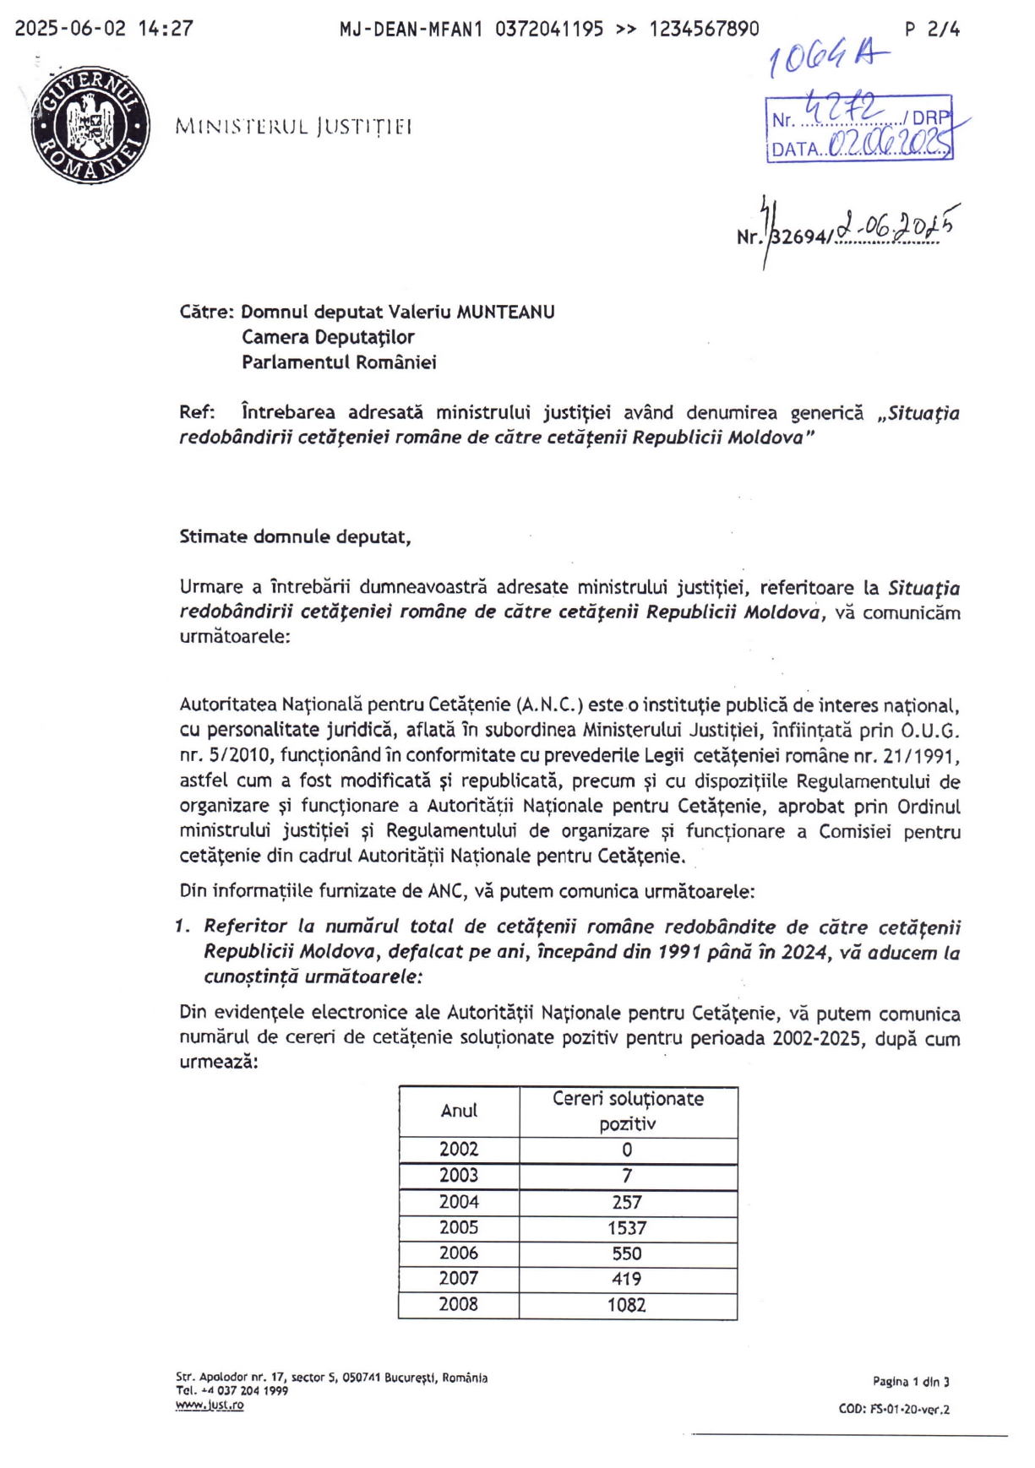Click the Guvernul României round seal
[90, 124]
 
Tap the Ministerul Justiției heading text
[293, 127]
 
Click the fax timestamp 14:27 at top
[166, 29]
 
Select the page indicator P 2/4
[932, 29]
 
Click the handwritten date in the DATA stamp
[887, 145]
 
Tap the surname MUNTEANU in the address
[505, 312]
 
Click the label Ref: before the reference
[197, 412]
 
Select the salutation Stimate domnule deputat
[295, 536]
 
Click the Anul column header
[459, 1111]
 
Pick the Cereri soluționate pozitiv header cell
[628, 1111]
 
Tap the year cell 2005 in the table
[459, 1227]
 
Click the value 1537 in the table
[627, 1228]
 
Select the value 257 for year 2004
[627, 1202]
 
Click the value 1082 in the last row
[627, 1305]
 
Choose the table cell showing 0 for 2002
[627, 1150]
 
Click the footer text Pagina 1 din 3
[911, 1382]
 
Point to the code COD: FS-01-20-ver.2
[894, 1409]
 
